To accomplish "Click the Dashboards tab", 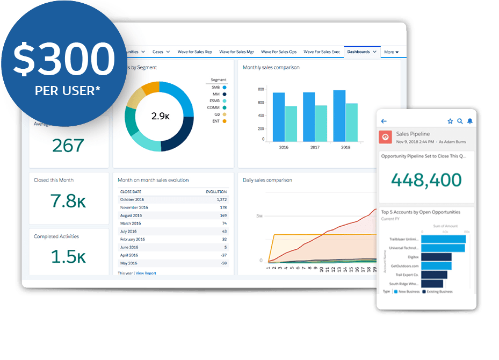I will point(358,52).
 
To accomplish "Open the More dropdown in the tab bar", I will point(394,52).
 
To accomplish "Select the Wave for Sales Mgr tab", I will point(236,52).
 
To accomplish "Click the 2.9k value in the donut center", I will point(160,116).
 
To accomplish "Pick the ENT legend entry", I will point(218,121).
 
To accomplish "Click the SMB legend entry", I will point(218,87).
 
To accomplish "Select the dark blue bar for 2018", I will point(339,116).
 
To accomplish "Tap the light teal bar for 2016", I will point(291,124).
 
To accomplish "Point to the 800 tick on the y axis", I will point(261,89).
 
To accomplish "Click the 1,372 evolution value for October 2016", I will point(220,199).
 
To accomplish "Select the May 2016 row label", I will point(129,263).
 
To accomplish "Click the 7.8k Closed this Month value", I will point(68,200).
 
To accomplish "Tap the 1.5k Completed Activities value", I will point(68,257).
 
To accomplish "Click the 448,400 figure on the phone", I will point(426,180).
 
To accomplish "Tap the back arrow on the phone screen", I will point(384,121).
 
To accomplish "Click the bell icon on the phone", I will point(470,121).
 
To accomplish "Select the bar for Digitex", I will point(436,257).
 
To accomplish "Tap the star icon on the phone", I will point(450,121).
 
